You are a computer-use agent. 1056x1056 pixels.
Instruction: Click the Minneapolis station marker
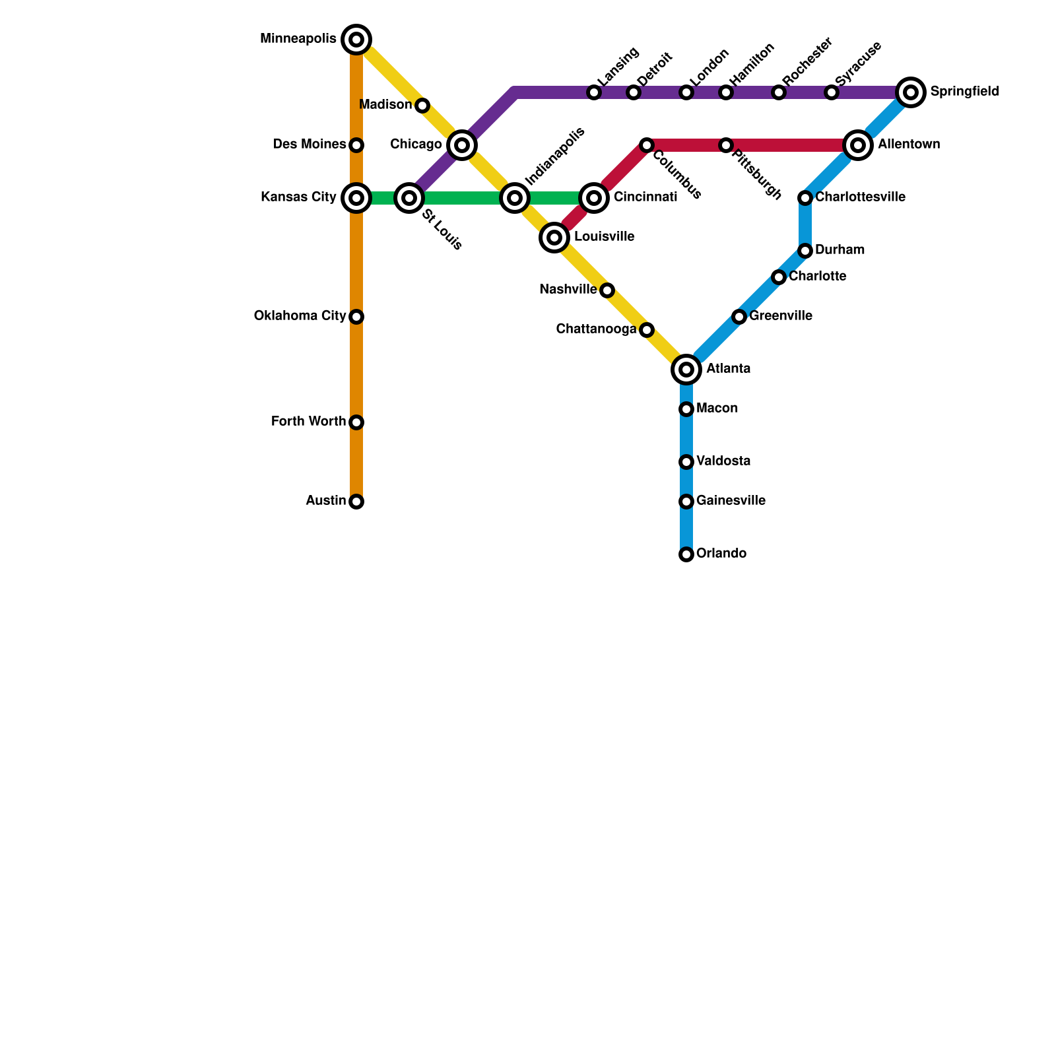click(356, 40)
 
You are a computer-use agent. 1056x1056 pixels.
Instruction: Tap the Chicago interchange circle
click(462, 145)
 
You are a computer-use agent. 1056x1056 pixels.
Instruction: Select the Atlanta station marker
click(686, 370)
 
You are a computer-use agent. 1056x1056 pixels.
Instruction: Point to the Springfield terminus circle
click(911, 92)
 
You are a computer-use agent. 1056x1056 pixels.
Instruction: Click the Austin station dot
click(356, 502)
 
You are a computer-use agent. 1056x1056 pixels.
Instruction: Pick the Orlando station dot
click(686, 554)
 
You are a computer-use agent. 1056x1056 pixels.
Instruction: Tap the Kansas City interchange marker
click(356, 197)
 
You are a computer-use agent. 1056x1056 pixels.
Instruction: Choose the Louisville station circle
click(554, 238)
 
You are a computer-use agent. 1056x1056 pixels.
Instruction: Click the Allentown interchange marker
click(858, 145)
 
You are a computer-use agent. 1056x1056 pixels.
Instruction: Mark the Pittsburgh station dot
click(726, 145)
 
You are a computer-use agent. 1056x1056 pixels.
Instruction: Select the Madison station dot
click(422, 106)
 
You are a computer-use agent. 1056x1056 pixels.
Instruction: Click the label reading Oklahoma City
click(300, 316)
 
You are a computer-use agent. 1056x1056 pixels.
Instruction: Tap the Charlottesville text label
click(860, 197)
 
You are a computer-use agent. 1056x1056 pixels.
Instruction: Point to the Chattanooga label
click(596, 329)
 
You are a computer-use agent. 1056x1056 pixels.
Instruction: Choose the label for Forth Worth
click(308, 422)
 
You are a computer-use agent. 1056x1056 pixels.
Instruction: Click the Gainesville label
click(731, 501)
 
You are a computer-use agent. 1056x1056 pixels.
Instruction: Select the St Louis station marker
click(409, 197)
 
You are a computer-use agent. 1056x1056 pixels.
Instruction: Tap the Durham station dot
click(805, 251)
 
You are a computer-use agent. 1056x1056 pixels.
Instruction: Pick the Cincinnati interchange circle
click(594, 197)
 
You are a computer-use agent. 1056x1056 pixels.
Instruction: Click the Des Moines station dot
click(356, 145)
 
